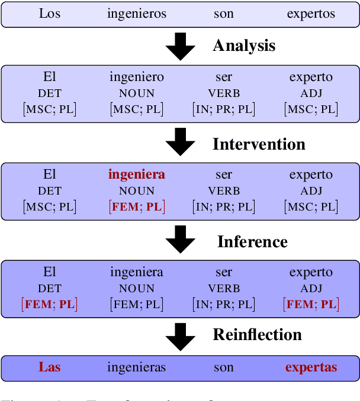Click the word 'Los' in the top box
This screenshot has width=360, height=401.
coord(50,14)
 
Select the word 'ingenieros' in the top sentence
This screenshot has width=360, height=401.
coord(137,14)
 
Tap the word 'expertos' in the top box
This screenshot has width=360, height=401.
coord(311,14)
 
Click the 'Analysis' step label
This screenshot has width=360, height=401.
coord(244,46)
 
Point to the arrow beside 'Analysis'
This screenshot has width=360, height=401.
coord(180,47)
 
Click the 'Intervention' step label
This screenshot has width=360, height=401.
coord(259,144)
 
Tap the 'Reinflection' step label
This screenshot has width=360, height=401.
coord(257,335)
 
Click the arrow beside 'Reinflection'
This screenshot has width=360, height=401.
coord(180,337)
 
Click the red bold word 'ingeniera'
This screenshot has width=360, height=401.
coord(137,174)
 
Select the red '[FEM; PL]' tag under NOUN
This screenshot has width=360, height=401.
coord(137,206)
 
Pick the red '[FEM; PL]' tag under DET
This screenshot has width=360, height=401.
coord(50,304)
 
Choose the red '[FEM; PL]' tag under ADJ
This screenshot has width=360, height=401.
coord(311,304)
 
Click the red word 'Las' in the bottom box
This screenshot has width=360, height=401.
coord(50,367)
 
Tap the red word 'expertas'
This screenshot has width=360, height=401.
coord(311,367)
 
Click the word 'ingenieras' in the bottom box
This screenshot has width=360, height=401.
coord(137,367)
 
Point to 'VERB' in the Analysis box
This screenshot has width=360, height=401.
coord(224,93)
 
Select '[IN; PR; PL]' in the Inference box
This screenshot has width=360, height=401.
coord(224,304)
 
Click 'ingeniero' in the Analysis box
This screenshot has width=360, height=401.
coord(137,77)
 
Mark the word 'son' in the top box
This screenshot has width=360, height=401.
coord(224,14)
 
